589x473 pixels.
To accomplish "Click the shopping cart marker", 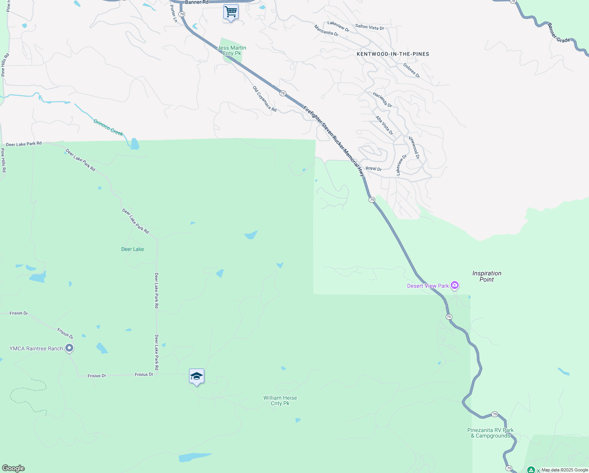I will [x=231, y=12].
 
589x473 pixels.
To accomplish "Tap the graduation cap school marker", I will [x=196, y=376].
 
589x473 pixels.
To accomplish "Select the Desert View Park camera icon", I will [x=455, y=285].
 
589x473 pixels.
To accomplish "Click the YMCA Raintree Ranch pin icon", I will [x=69, y=348].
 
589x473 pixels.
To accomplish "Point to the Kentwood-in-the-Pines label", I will [x=393, y=54].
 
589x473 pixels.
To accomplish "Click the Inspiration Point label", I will [x=487, y=276].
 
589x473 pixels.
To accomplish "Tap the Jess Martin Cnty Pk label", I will [x=232, y=50].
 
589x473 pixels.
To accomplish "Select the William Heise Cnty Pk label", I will [x=280, y=400].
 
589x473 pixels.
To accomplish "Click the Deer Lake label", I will [x=133, y=249].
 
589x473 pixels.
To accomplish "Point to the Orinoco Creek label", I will [x=108, y=127].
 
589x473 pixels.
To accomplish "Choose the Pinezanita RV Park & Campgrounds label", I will [x=491, y=433].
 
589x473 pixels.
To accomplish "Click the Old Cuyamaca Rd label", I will [x=265, y=99].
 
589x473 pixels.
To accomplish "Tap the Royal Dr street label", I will [x=374, y=169].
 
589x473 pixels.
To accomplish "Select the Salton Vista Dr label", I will [x=370, y=27].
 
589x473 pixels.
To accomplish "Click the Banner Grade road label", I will [x=558, y=33].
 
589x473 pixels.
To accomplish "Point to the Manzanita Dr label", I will [x=326, y=31].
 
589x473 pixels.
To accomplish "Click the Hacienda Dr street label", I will [x=382, y=100].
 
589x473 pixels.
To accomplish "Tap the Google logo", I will [x=13, y=468].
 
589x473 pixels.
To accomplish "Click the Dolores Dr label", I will [x=411, y=71].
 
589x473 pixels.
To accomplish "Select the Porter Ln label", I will [x=174, y=13].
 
